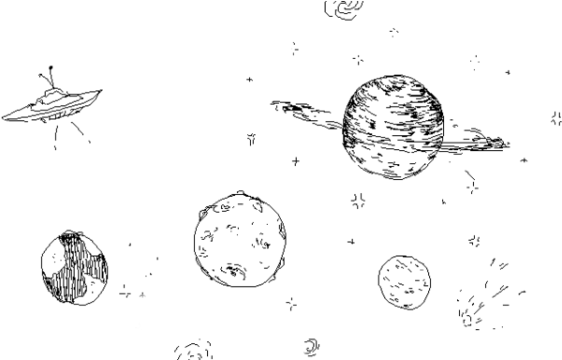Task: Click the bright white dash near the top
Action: pos(289,48)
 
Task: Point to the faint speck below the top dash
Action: pos(293,54)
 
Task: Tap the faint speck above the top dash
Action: pos(293,42)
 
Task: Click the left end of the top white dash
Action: pos(287,48)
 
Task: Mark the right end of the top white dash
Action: pos(292,48)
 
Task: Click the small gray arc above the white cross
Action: pos(142,295)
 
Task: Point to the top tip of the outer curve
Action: pos(298,343)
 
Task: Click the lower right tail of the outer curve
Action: pos(302,357)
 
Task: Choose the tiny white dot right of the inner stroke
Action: pos(303,352)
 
